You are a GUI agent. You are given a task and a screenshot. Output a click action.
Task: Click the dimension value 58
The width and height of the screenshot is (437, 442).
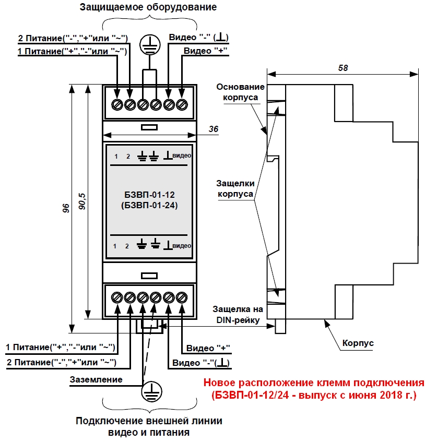click(342, 68)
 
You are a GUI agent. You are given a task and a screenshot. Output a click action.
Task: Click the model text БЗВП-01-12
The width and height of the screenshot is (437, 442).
click(149, 195)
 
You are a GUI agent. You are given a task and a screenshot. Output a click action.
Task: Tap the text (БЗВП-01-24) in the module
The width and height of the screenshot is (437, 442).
click(149, 206)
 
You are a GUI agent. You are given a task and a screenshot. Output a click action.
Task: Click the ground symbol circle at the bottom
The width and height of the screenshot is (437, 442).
click(150, 391)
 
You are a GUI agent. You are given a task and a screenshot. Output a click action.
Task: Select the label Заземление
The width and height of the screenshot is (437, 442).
click(96, 379)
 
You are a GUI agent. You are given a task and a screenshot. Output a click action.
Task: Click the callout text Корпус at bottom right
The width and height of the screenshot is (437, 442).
click(358, 343)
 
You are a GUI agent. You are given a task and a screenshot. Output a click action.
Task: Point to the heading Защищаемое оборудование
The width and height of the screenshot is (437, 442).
click(148, 8)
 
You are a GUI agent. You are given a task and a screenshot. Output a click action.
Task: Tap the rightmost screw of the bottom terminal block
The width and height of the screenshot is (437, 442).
click(182, 297)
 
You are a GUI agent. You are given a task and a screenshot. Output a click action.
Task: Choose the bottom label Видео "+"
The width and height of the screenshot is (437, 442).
click(208, 348)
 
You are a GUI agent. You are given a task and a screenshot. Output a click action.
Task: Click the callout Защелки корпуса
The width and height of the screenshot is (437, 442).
click(236, 188)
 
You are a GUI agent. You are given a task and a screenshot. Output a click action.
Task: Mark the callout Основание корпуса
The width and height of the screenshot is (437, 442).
click(241, 92)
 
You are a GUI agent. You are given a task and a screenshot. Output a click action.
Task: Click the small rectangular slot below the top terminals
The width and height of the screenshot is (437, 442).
click(149, 126)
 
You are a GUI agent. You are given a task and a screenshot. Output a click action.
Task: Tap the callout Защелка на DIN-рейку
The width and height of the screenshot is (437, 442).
click(236, 315)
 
